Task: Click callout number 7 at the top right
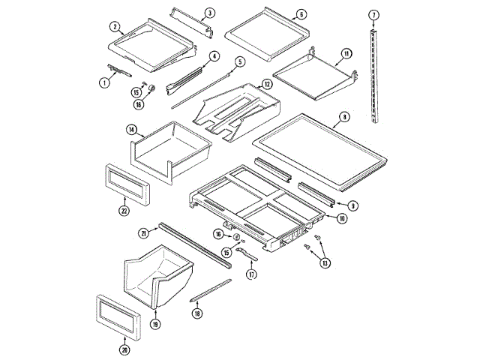(374, 14)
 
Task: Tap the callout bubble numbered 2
(115, 27)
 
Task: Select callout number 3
(209, 13)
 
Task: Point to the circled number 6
(300, 14)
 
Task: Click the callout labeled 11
(346, 53)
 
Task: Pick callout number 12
(267, 84)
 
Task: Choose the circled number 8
(343, 116)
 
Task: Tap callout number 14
(131, 130)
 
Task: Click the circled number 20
(124, 348)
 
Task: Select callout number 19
(155, 324)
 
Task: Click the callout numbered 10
(341, 218)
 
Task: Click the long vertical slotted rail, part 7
(374, 75)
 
